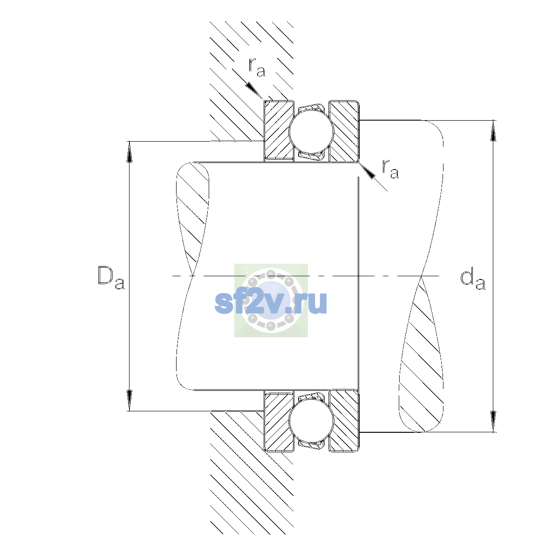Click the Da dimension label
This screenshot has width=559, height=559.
coord(111,278)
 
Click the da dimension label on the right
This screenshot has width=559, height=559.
coord(472,280)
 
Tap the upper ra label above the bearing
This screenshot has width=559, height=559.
coord(257,68)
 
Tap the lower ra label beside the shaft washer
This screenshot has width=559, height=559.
coord(390,169)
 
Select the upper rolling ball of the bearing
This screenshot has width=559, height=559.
coord(311,131)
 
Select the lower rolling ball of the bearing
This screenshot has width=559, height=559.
coord(311,421)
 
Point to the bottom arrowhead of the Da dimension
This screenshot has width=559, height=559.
coord(130,401)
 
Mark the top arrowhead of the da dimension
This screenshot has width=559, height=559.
coord(493,130)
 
